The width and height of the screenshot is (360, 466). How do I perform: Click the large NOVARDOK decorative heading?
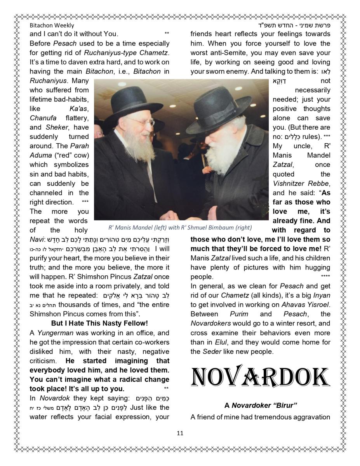[260, 377]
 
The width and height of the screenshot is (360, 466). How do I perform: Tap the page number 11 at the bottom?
[180, 433]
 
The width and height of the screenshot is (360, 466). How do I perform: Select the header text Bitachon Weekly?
[52, 25]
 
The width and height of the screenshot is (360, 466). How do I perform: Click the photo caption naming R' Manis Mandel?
[180, 228]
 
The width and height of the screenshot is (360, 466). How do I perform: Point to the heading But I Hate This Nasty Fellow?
[99, 323]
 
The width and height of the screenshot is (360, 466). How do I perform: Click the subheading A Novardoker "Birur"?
[261, 405]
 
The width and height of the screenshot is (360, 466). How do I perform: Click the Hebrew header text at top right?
[299, 25]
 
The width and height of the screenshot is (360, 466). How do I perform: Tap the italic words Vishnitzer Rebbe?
[301, 183]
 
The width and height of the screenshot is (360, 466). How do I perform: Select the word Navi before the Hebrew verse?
[37, 239]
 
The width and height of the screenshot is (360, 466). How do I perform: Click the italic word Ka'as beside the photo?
[78, 109]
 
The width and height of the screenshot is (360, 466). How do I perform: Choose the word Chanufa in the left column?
[43, 118]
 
